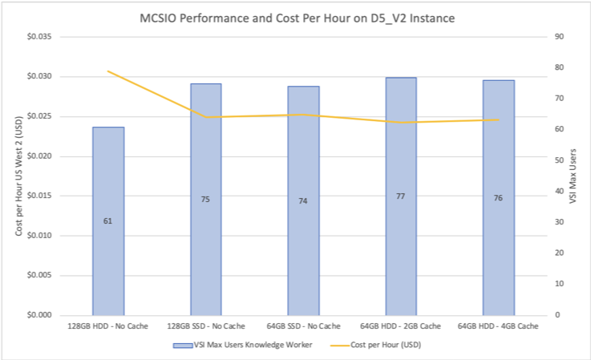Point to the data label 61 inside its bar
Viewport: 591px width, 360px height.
[108, 220]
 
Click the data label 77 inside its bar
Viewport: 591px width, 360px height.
[401, 196]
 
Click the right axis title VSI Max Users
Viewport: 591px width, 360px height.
[573, 176]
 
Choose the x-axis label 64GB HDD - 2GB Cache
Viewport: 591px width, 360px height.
[401, 326]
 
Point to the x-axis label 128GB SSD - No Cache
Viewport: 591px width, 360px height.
[206, 326]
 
